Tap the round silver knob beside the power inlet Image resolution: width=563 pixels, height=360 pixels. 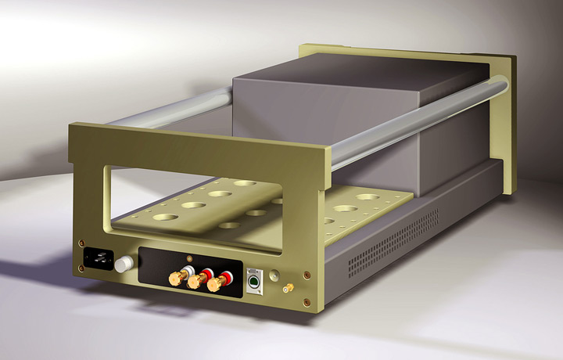click(122, 266)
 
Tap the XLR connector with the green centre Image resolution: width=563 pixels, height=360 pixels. click(254, 279)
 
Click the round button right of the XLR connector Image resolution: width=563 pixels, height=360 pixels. click(274, 276)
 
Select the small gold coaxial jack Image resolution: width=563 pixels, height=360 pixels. click(289, 289)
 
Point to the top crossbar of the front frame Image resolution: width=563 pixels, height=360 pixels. click(195, 149)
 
